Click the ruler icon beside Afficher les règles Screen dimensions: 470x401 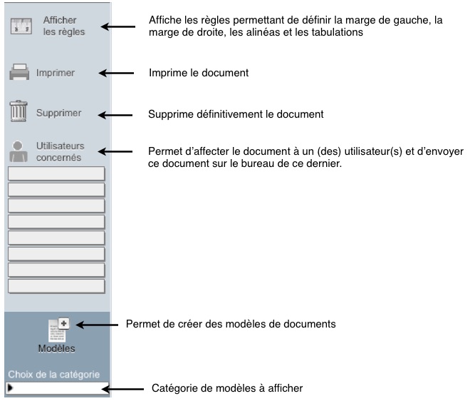tap(21, 26)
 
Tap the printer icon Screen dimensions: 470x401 tap(19, 72)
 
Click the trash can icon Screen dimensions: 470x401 tap(19, 111)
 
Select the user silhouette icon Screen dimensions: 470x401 tap(19, 151)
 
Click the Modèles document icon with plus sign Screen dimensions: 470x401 tap(58, 330)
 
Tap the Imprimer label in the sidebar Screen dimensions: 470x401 tap(56, 73)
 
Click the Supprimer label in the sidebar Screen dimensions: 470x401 tap(58, 113)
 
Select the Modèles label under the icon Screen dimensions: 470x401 tap(57, 348)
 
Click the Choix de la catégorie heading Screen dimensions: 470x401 tap(54, 375)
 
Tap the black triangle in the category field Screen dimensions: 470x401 tap(10, 387)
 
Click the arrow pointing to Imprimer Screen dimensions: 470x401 tap(116, 73)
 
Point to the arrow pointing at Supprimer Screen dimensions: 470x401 tap(115, 115)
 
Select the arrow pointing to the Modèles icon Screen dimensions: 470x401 tap(97, 325)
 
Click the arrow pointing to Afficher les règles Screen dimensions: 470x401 tap(117, 26)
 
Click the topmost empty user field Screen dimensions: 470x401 tap(56, 173)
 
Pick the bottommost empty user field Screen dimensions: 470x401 tap(56, 286)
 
